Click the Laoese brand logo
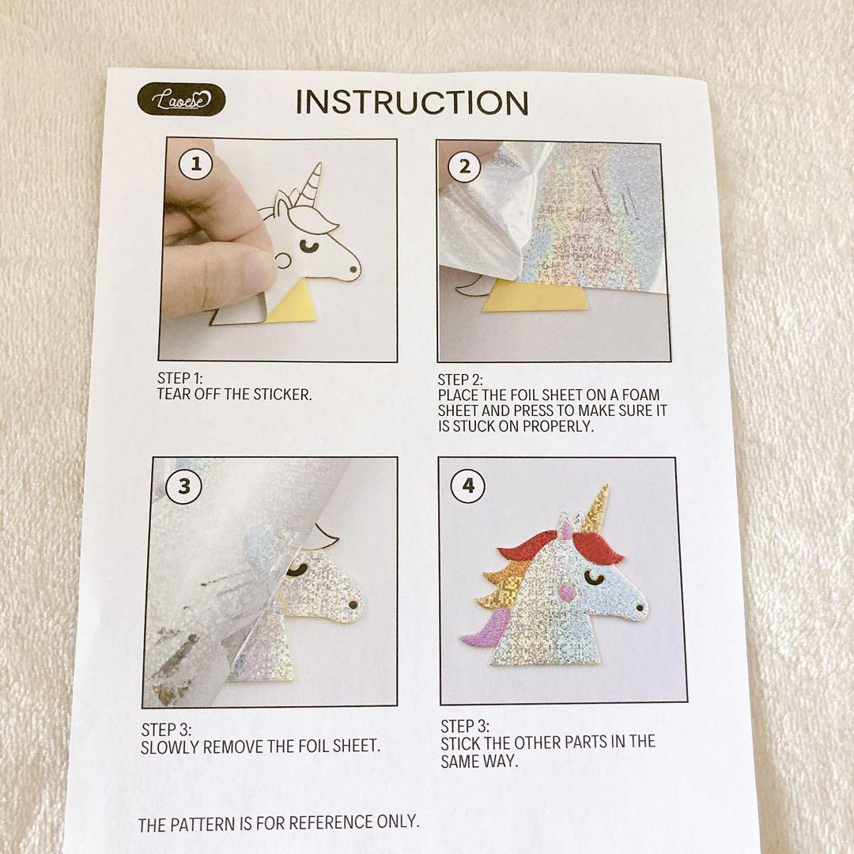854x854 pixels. [181, 99]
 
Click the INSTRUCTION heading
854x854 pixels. [412, 102]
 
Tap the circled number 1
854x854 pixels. [196, 164]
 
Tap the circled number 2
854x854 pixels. [464, 166]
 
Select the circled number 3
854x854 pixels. [184, 486]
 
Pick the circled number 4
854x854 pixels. [468, 486]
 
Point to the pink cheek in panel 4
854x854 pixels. [567, 591]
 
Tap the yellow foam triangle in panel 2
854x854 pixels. [535, 297]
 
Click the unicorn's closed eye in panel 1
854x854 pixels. [309, 247]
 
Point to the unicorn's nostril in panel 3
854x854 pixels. [353, 604]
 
